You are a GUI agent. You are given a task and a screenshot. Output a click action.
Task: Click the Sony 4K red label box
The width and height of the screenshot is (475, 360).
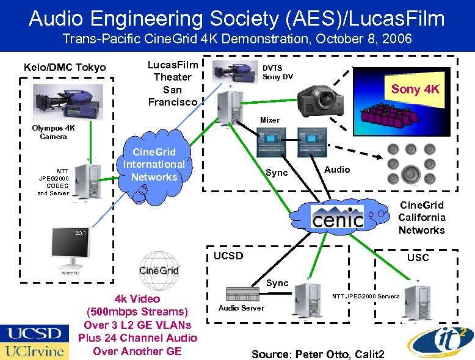(x=415, y=89)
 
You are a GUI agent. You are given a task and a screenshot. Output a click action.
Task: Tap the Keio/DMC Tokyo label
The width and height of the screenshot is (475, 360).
(x=64, y=67)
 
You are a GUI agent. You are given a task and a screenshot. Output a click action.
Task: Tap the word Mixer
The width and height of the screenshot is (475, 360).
(x=270, y=120)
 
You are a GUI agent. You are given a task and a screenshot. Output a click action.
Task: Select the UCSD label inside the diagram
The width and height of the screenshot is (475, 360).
(x=228, y=256)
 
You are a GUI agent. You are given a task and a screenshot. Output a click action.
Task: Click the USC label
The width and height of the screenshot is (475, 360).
(x=418, y=257)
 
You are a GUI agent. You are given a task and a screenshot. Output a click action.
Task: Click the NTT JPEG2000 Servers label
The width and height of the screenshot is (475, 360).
(x=366, y=297)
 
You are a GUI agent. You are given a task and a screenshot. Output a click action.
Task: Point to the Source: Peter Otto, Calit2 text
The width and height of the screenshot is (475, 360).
(x=317, y=354)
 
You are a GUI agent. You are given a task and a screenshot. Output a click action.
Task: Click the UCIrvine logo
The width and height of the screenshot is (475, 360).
(x=33, y=351)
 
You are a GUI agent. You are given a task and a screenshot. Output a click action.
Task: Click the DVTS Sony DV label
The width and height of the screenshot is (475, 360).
(x=278, y=73)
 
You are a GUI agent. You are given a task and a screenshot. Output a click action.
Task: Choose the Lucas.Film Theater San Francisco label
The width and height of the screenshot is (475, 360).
(x=173, y=83)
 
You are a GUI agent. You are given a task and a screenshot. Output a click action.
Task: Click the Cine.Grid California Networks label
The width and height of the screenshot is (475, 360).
(x=421, y=218)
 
